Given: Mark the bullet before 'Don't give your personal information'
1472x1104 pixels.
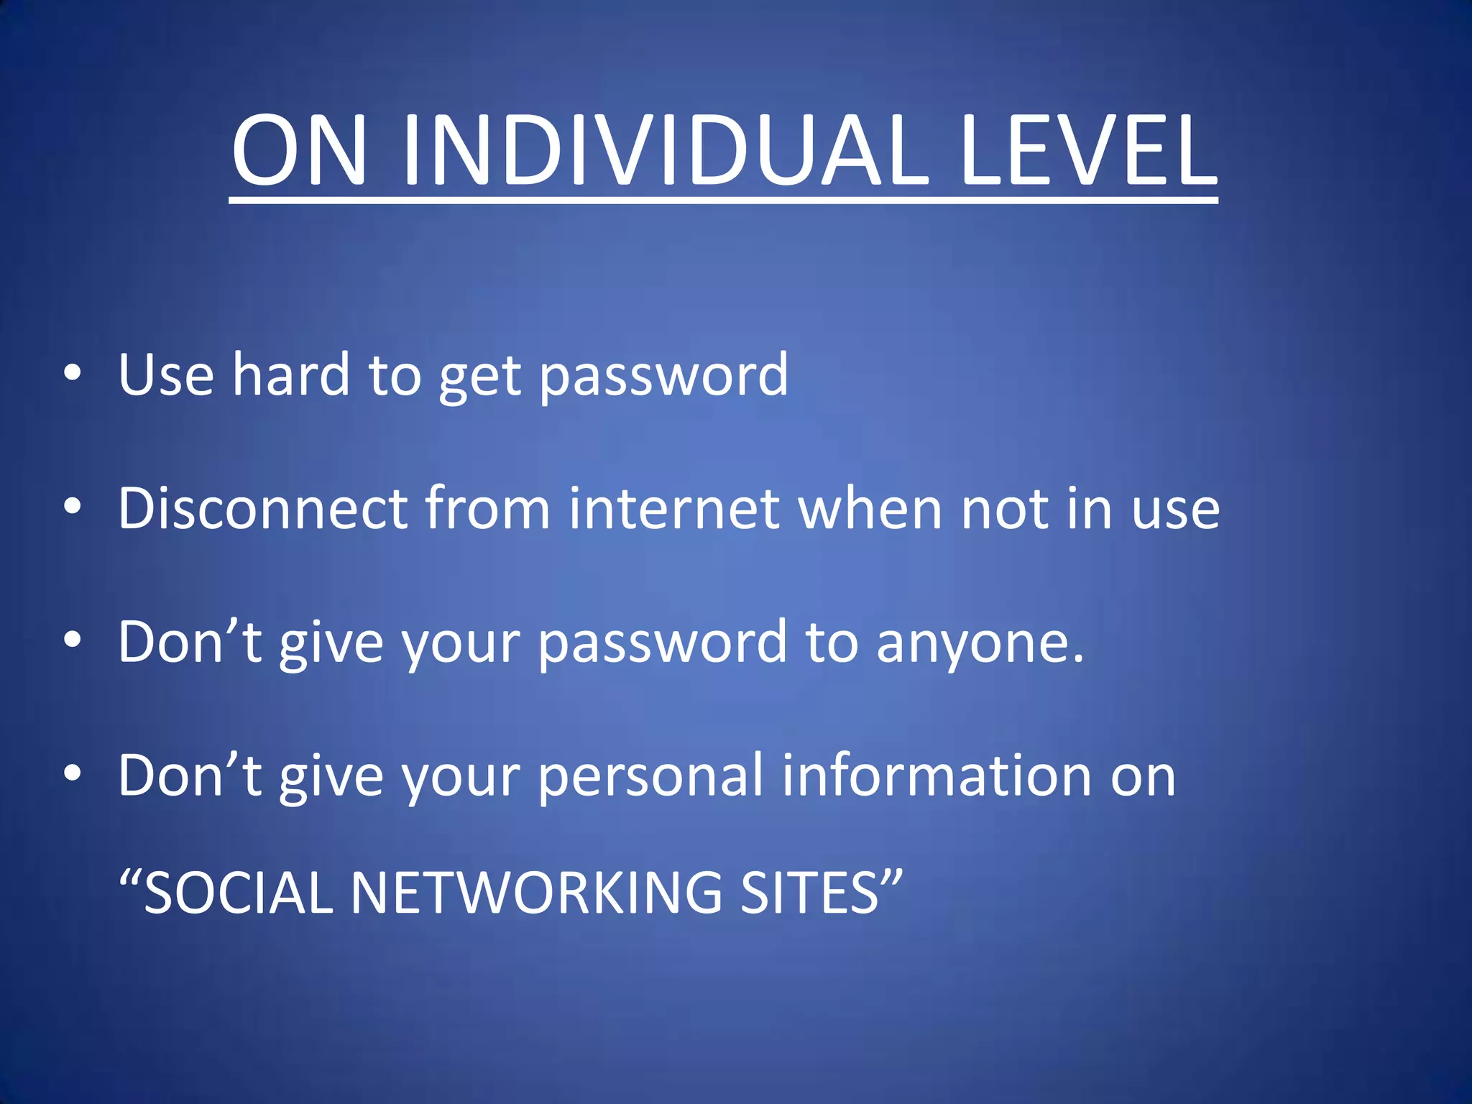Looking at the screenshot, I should point(72,774).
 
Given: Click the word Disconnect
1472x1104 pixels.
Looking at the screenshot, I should point(263,509).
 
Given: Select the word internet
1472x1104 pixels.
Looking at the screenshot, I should point(674,509).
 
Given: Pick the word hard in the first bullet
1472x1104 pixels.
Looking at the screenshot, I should point(290,374).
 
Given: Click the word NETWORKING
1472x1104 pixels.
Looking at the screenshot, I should point(535,893).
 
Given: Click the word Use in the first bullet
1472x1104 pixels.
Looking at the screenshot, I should point(166,374).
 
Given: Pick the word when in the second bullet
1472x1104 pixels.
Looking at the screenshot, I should point(870,509).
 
